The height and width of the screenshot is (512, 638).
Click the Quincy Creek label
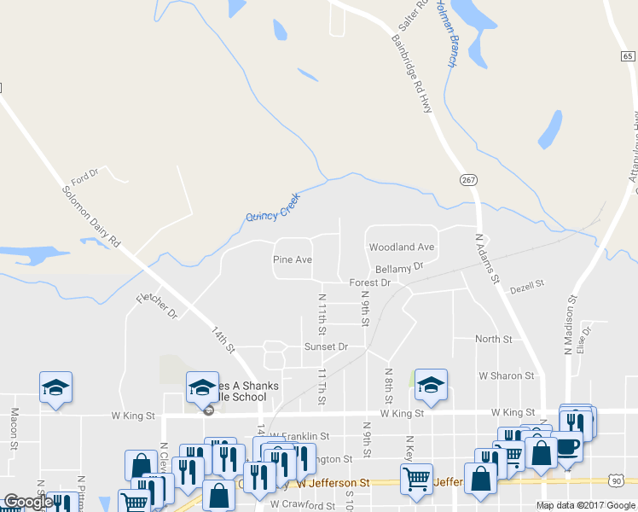click(x=274, y=206)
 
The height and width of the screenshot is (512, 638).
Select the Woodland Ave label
click(x=401, y=247)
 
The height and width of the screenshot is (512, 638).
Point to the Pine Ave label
click(x=292, y=259)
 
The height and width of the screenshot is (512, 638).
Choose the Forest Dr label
click(x=369, y=282)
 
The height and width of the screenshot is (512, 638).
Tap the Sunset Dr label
click(x=327, y=346)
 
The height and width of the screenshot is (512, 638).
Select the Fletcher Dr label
click(x=156, y=306)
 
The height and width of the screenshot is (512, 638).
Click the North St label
click(x=493, y=339)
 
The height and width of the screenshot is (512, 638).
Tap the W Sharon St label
click(x=506, y=375)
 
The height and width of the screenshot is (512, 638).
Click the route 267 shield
click(x=468, y=180)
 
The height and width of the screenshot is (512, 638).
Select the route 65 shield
click(x=628, y=55)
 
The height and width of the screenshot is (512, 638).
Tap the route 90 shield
click(x=616, y=482)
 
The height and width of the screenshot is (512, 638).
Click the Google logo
click(x=27, y=502)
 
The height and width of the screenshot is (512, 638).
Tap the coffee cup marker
click(x=566, y=446)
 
